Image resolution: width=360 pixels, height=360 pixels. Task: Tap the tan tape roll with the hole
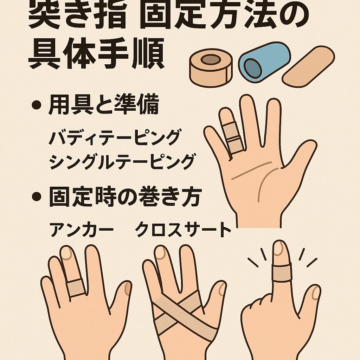point(210,67)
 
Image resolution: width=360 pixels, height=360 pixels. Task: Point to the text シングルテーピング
point(122,162)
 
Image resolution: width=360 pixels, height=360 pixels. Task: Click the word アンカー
point(82,230)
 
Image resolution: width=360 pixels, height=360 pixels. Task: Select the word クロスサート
point(183,230)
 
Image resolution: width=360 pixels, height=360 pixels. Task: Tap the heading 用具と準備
point(104,106)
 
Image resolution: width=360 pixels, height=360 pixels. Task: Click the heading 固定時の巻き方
point(124,198)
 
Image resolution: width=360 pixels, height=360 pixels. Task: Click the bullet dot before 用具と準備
point(36,105)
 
